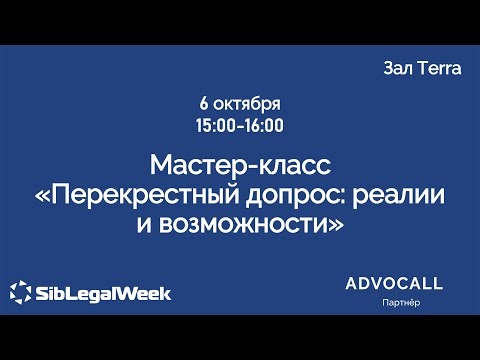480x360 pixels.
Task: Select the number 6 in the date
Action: tap(204, 105)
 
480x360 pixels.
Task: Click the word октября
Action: tap(247, 105)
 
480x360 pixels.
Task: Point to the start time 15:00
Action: tap(218, 126)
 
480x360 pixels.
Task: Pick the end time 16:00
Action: tap(264, 126)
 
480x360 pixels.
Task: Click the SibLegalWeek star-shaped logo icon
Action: tap(20, 293)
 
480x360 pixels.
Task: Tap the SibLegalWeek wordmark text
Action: tap(103, 293)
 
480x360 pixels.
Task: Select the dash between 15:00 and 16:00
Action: tap(241, 126)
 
